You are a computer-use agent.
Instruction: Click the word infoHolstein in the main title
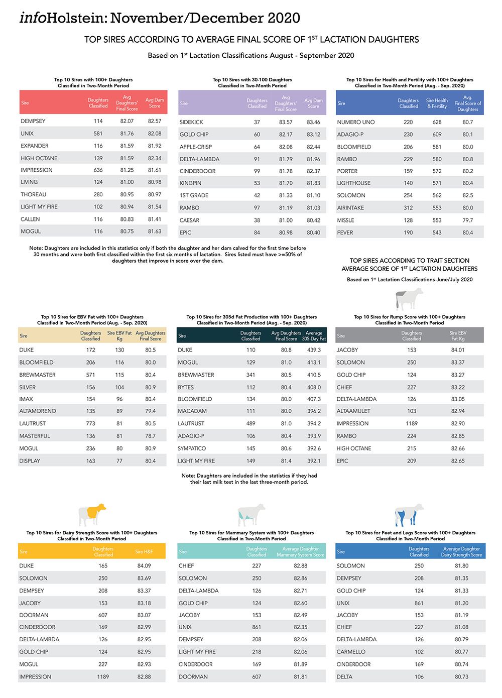click(63, 18)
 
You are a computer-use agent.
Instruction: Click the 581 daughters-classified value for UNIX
click(98, 134)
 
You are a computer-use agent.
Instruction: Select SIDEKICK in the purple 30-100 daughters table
click(191, 122)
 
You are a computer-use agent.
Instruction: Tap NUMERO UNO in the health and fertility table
click(355, 122)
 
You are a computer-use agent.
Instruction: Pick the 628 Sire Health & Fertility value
click(437, 122)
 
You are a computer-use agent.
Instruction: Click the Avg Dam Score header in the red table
click(155, 103)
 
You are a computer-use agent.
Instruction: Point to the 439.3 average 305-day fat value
click(314, 350)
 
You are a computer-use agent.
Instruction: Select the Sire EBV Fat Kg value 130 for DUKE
click(119, 350)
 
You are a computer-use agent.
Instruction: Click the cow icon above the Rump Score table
click(409, 300)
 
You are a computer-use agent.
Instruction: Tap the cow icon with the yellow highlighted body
click(92, 515)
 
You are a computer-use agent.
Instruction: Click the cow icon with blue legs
click(409, 515)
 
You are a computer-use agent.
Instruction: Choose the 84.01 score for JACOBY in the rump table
click(457, 350)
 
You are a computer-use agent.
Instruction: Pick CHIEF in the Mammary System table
click(186, 566)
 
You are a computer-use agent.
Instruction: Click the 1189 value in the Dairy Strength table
click(103, 677)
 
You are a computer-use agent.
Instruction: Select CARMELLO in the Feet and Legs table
click(351, 652)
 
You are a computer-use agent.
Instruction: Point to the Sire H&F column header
click(144, 552)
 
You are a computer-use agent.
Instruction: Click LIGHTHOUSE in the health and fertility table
click(353, 183)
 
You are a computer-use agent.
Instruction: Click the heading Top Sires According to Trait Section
click(409, 261)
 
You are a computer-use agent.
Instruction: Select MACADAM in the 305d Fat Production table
click(192, 411)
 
